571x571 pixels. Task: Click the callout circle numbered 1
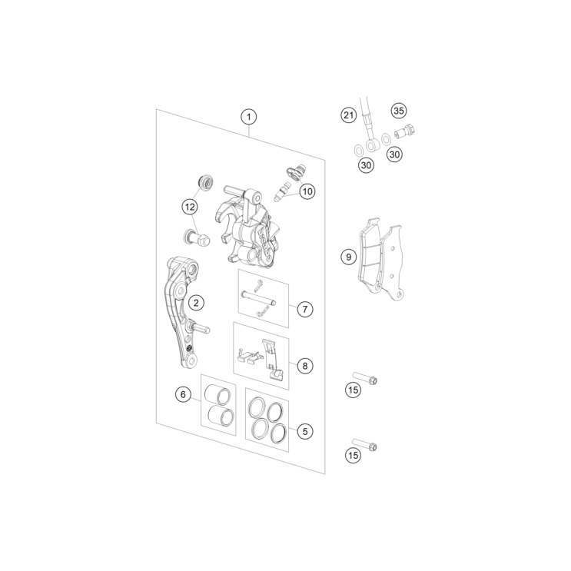249,117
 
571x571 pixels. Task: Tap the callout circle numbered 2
196,303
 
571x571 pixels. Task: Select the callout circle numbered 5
305,432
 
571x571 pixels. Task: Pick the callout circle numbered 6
183,394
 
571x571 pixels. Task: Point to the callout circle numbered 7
305,310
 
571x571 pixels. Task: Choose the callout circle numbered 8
305,366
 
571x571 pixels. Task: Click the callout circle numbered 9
348,257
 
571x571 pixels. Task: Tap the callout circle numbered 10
307,191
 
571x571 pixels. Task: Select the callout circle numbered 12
190,207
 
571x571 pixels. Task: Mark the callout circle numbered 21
348,115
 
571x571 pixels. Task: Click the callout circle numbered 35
399,111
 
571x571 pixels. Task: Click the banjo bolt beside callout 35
405,131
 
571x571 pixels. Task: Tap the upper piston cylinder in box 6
217,394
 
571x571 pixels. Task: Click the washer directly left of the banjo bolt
386,139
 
